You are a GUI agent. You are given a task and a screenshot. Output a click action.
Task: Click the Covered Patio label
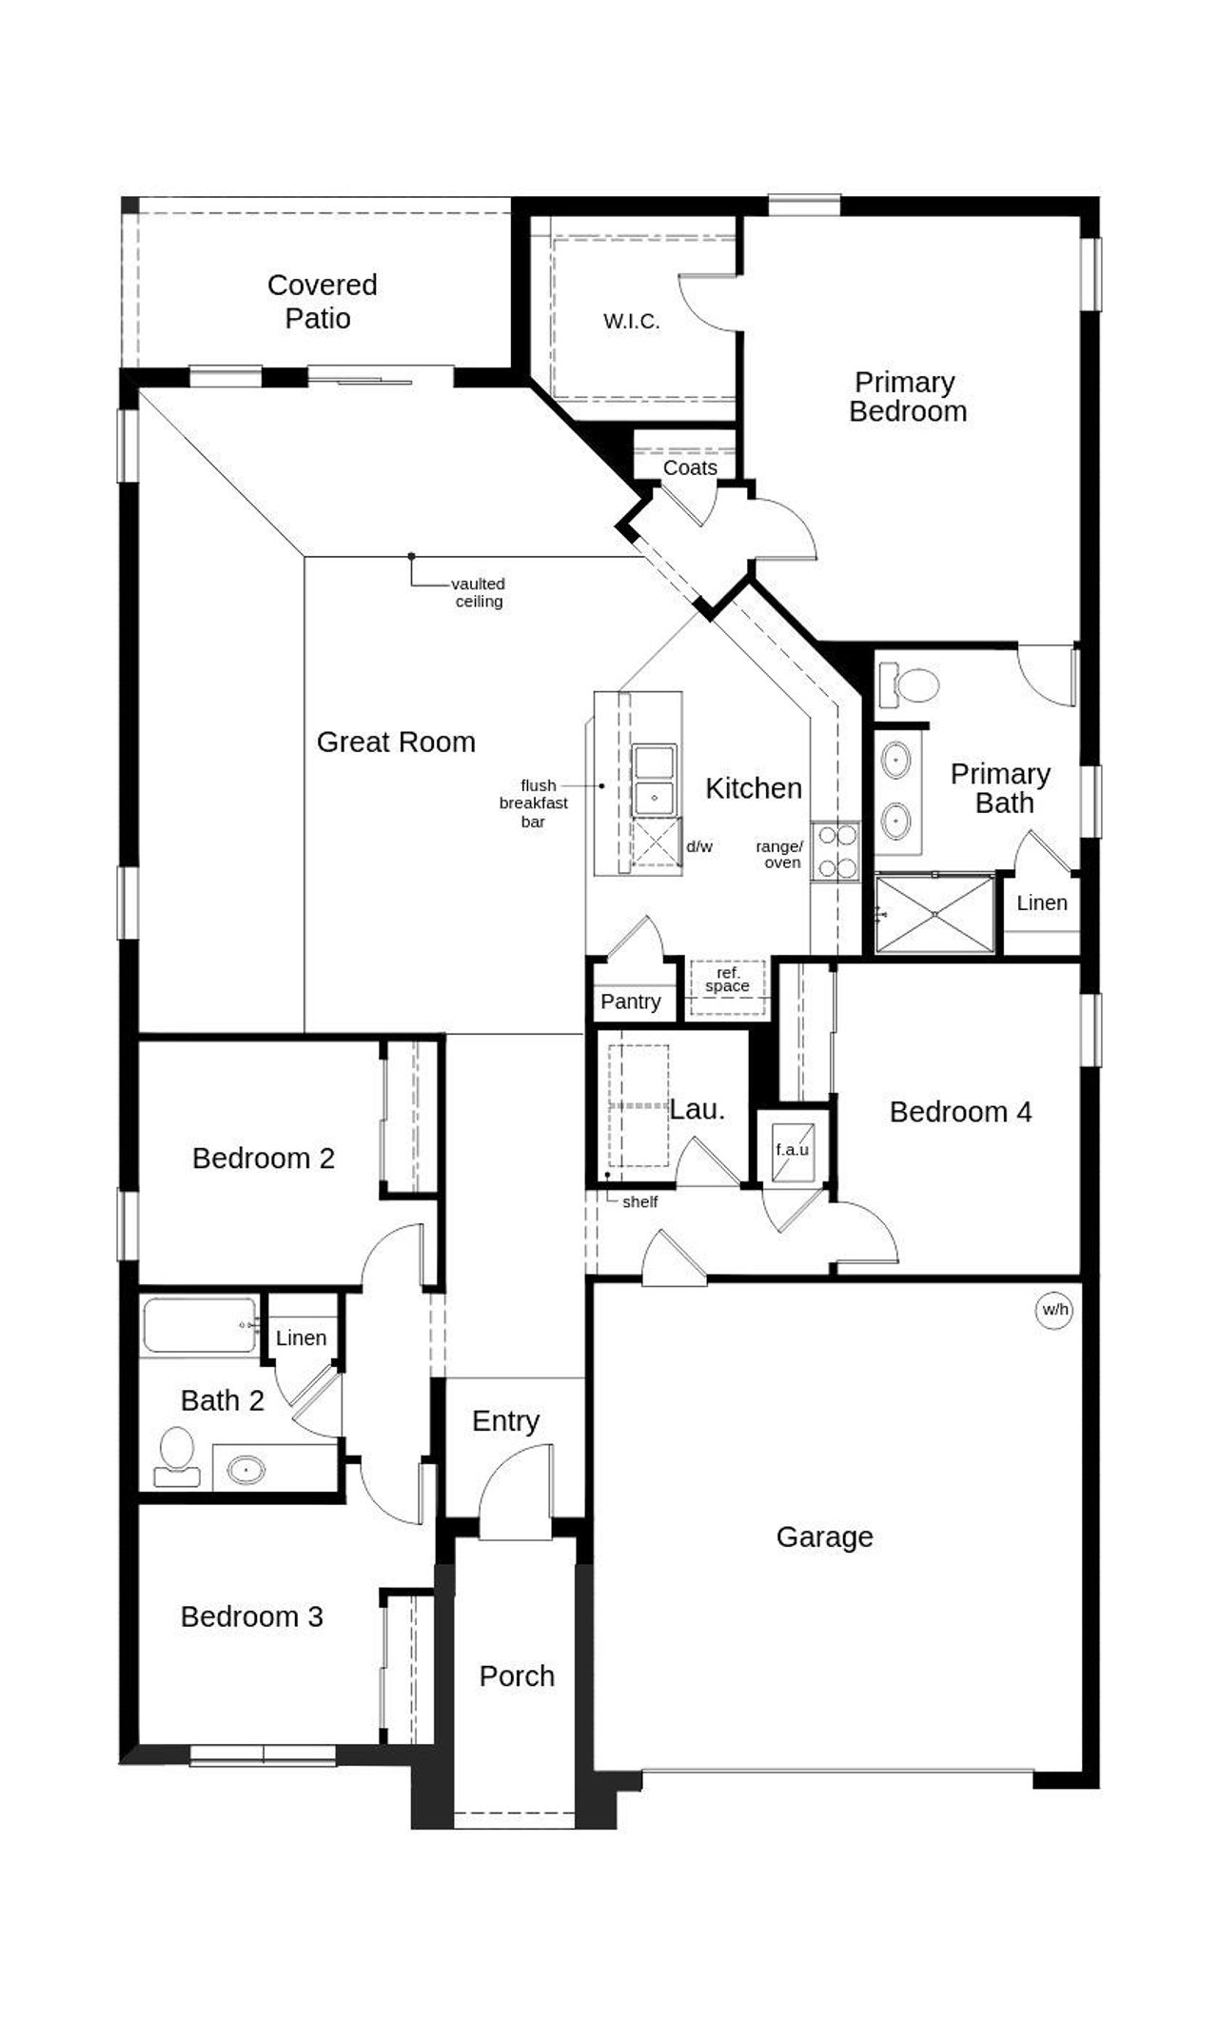(x=322, y=301)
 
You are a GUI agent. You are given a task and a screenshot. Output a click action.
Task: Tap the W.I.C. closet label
(x=631, y=321)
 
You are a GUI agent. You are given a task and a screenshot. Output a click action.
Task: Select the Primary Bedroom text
(x=907, y=396)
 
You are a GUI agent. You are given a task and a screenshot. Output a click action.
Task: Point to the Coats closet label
(x=690, y=467)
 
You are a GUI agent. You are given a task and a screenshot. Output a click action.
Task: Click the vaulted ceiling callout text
(x=479, y=592)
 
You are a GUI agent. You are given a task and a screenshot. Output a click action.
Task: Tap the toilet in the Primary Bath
(x=910, y=684)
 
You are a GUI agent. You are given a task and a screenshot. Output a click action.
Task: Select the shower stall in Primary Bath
(x=934, y=914)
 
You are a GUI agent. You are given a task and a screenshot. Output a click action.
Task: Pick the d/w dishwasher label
(x=699, y=846)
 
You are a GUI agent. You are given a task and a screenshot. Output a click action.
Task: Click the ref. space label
(x=727, y=980)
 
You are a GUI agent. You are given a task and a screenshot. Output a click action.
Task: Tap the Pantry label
(x=630, y=1001)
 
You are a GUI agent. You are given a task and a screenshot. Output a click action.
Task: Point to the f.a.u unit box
(x=793, y=1150)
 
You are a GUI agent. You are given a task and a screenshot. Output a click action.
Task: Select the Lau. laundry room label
(x=697, y=1109)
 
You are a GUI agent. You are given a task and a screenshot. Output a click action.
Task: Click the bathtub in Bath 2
(x=200, y=1325)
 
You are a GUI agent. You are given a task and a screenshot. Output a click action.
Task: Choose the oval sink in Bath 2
(x=246, y=1470)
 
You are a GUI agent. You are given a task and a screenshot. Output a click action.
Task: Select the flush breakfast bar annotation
(x=533, y=803)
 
